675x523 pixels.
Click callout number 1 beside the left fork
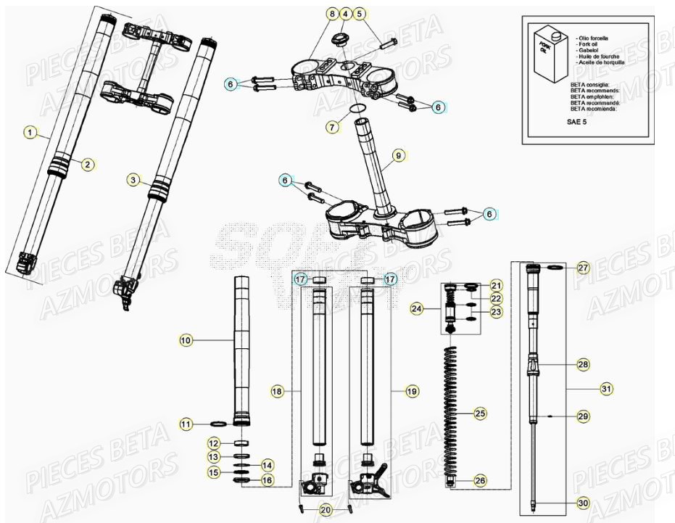[x=29, y=132]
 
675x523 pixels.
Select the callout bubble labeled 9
[x=397, y=155]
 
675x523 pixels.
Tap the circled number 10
[x=186, y=339]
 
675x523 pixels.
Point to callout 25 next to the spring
[x=479, y=413]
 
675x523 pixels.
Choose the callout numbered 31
[x=606, y=390]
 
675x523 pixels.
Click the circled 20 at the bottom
[x=326, y=509]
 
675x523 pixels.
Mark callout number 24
[x=415, y=309]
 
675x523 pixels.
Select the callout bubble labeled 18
[x=277, y=391]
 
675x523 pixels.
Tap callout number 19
[x=412, y=391]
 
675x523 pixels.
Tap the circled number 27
[x=584, y=268]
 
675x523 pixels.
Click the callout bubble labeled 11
[x=186, y=424]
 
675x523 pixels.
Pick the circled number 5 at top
[x=360, y=15]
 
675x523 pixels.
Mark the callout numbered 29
[x=584, y=416]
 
